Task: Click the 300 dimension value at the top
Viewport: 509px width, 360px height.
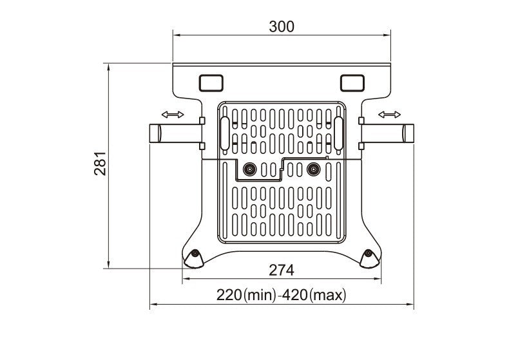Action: [x=282, y=26]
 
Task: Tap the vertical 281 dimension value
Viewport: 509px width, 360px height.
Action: [x=101, y=164]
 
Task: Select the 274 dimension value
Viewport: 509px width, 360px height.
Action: [x=282, y=270]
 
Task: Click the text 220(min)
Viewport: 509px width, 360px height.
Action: [x=246, y=295]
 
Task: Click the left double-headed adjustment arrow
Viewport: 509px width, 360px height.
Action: [x=173, y=115]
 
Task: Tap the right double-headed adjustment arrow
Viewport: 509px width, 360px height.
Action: [x=390, y=115]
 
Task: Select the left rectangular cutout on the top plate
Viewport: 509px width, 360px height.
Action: [x=211, y=82]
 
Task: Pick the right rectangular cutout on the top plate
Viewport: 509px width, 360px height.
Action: [x=352, y=82]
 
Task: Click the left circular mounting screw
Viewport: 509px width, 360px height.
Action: [x=249, y=169]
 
